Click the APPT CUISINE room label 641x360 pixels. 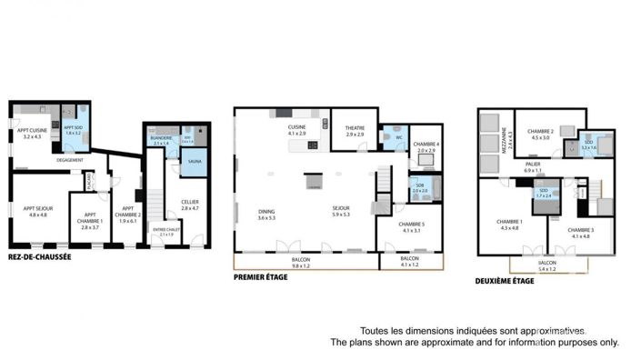(32, 134)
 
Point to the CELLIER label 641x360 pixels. (189, 205)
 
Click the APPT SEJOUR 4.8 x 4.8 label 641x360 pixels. (39, 212)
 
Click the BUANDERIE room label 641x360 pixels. (161, 141)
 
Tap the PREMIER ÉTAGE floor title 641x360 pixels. (260, 277)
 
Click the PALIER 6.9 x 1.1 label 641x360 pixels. (532, 167)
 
